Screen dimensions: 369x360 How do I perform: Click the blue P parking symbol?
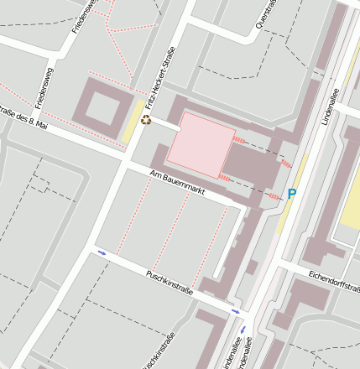292,195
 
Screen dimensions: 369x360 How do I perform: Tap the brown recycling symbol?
146,121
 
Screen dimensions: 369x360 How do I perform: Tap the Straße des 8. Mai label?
23,122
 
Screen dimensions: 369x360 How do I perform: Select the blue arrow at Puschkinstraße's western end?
102,252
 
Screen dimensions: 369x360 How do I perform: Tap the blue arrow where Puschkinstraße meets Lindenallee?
235,312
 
